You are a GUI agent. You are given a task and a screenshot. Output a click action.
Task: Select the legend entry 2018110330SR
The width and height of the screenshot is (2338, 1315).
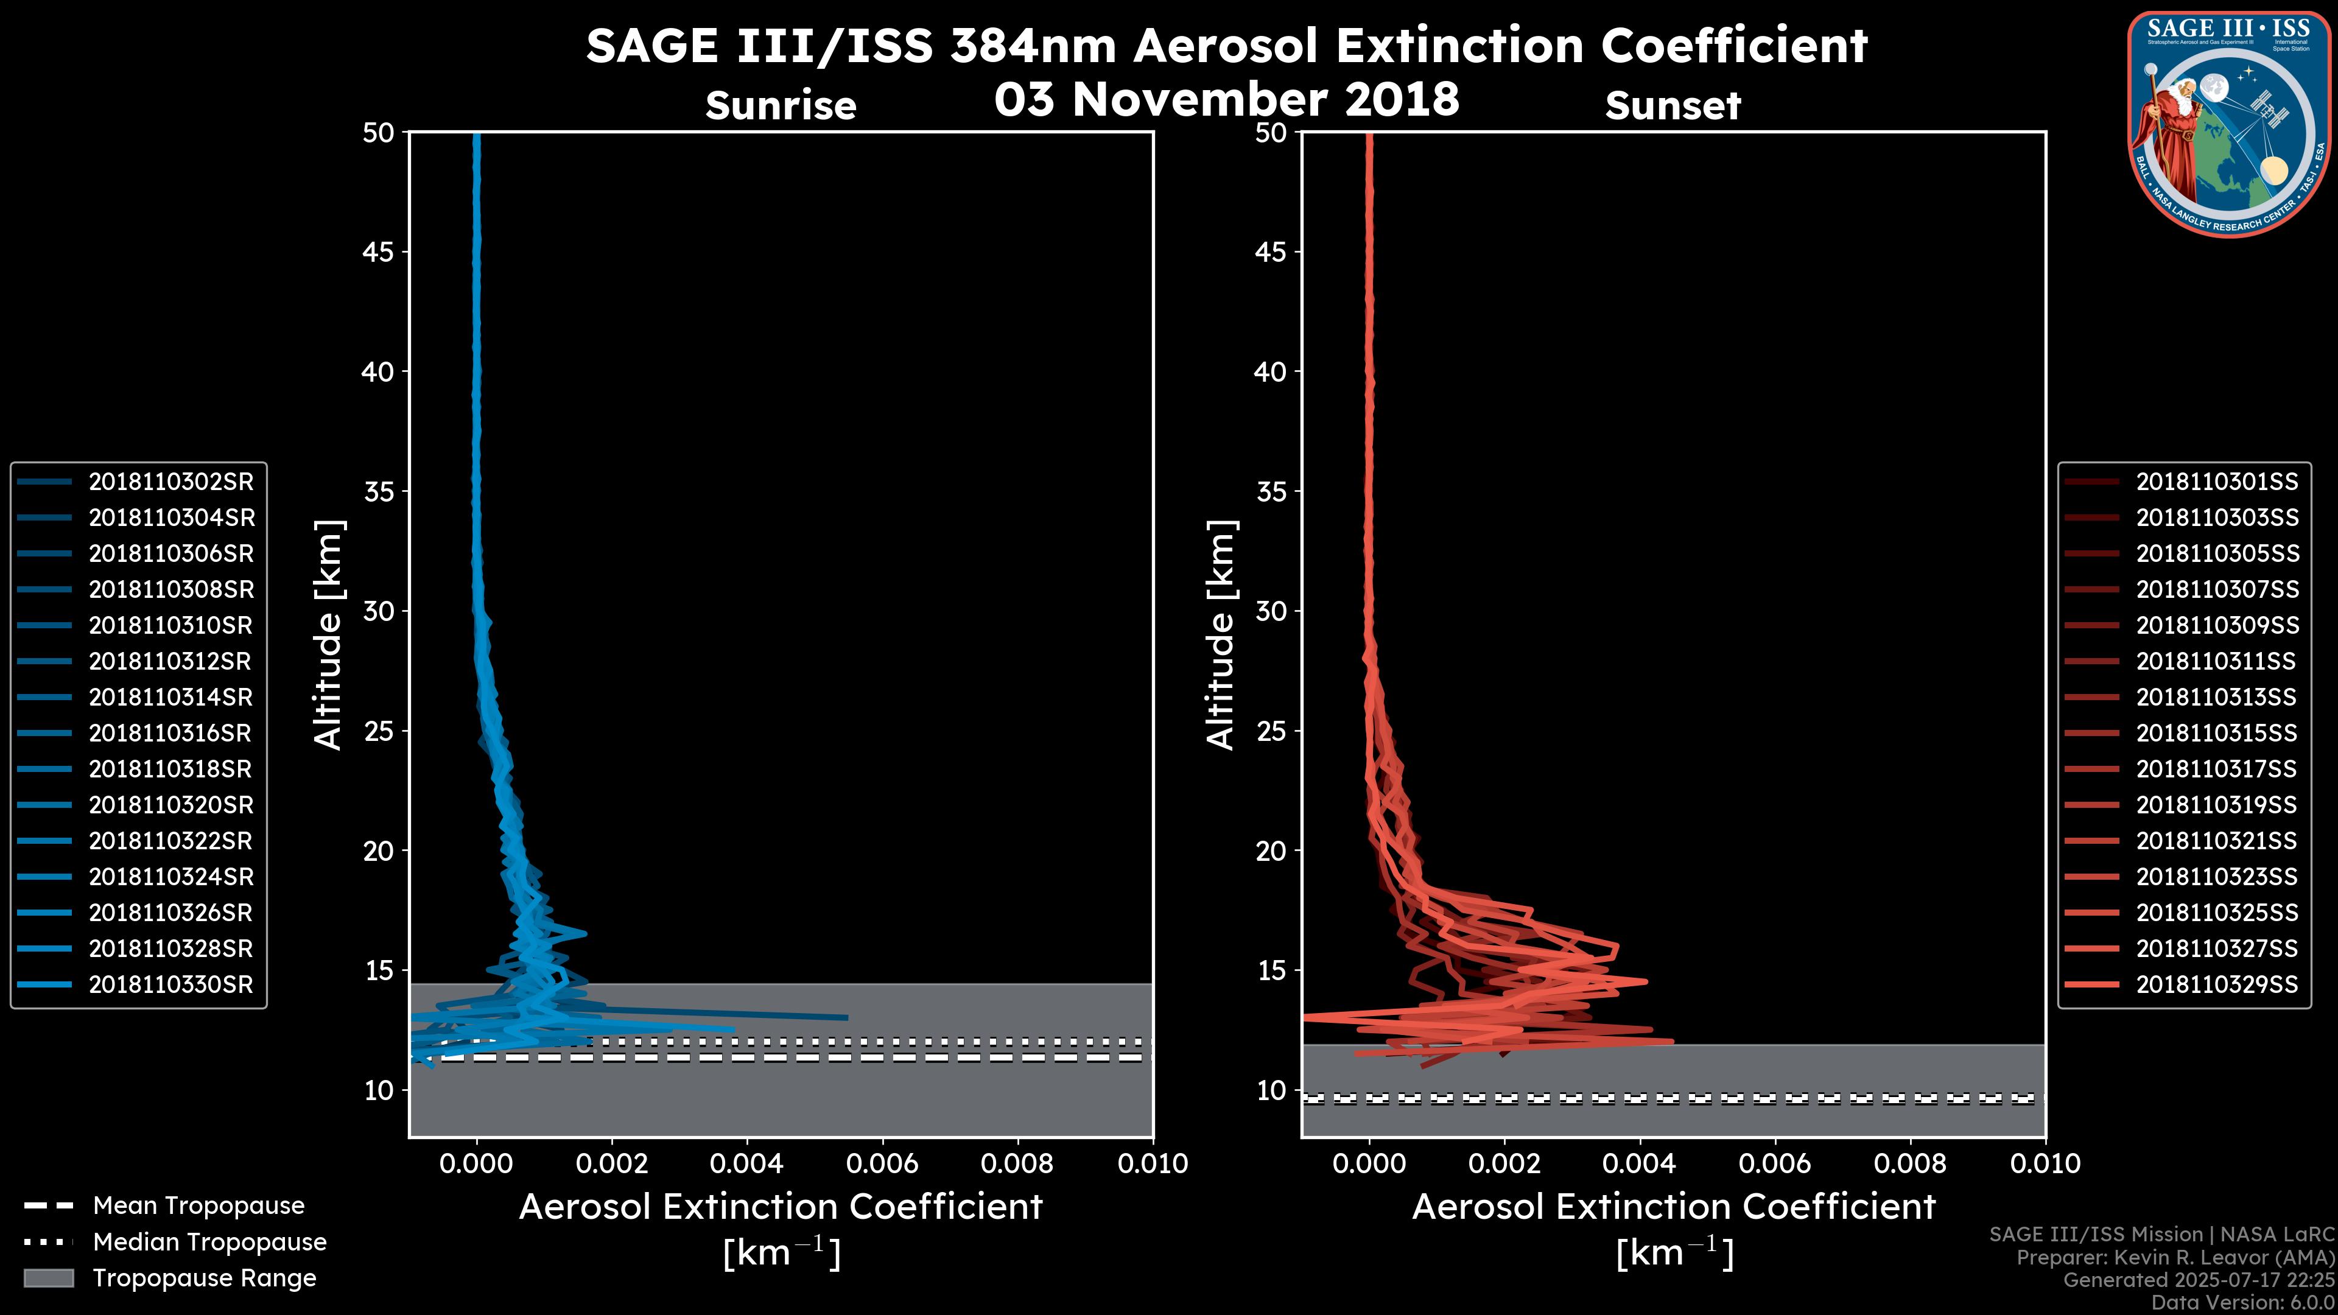pos(170,984)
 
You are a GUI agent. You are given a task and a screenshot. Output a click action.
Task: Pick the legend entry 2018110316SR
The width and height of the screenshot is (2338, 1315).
pos(170,733)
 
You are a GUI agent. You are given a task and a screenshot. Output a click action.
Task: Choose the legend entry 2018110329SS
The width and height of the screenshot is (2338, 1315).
pos(2216,984)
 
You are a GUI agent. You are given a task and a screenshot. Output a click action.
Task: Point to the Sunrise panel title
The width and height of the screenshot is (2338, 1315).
pos(781,105)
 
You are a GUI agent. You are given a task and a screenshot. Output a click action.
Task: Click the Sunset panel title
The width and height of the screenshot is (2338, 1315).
pos(1673,105)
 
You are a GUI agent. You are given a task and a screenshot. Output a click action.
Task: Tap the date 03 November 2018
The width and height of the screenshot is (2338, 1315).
pos(1226,99)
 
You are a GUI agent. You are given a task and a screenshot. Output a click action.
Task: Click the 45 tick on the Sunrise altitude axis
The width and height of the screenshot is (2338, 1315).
pos(379,251)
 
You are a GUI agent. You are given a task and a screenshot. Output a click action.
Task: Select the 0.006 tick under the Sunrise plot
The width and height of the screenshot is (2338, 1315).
pos(882,1163)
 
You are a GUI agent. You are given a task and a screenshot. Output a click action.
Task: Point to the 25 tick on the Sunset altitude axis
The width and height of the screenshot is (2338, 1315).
pos(1271,731)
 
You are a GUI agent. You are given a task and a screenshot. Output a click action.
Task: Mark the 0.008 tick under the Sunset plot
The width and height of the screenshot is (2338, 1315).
pos(1911,1163)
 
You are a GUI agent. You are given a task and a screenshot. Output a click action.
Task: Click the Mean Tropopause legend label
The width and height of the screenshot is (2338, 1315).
pos(198,1206)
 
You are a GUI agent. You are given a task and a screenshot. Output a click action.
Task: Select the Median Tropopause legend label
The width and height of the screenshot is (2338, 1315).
pos(209,1243)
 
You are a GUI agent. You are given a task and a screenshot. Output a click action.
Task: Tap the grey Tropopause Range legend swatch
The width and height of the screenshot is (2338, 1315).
pos(49,1278)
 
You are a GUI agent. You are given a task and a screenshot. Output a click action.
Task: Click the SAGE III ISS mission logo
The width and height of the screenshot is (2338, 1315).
pos(2229,124)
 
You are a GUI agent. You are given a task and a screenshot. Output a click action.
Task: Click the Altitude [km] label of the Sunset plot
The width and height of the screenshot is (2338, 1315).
pos(1221,635)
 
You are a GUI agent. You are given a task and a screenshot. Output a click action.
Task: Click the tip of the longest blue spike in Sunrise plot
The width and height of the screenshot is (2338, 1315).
pos(847,1017)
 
